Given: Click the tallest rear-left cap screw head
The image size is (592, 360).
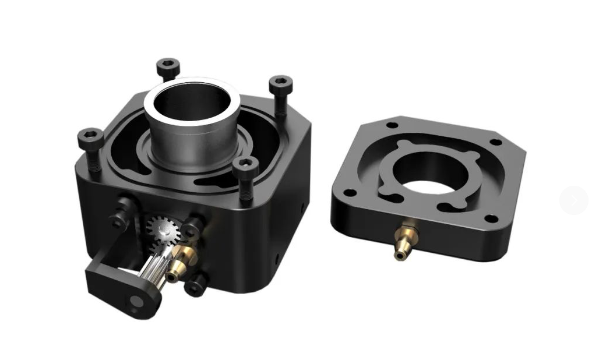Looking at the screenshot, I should (x=168, y=65).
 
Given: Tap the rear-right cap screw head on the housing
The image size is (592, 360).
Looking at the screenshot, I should (x=280, y=83).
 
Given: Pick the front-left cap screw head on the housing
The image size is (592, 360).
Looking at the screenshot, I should (x=90, y=137).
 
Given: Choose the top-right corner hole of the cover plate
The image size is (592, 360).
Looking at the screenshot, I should (x=495, y=142).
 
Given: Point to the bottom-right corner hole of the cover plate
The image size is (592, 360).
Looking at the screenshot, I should (x=491, y=219).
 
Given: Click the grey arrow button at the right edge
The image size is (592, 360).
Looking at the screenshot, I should (x=574, y=200).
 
